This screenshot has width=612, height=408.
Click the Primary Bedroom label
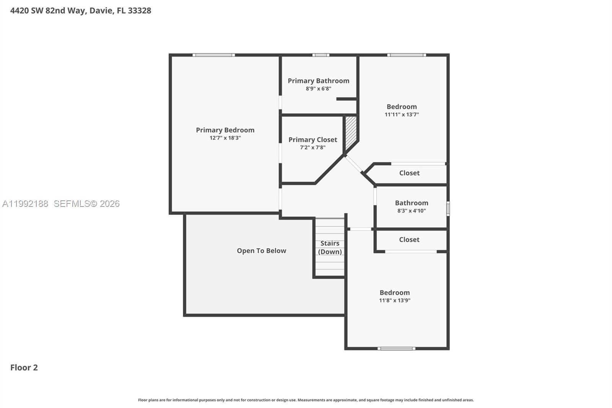pos(225,130)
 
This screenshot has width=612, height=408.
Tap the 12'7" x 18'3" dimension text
pos(225,138)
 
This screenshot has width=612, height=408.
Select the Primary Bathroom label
pos(318,81)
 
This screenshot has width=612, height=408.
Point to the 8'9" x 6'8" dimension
pos(318,88)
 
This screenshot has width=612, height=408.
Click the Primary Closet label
pos(313,140)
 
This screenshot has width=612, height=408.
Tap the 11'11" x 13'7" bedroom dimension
pos(402,115)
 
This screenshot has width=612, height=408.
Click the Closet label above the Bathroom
pos(409,173)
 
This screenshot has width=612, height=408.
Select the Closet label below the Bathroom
pos(409,240)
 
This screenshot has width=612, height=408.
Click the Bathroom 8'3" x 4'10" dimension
pos(411,211)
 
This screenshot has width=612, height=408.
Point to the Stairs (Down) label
pos(330,247)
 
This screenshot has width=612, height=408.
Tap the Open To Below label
pos(261,251)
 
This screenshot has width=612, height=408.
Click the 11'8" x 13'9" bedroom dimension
pos(394,300)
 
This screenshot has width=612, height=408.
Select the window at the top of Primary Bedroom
pos(213,55)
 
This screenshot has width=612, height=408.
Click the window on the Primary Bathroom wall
pos(321,55)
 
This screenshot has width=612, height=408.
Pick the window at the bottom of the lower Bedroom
pos(396,349)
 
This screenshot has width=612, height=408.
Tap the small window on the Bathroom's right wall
pos(448,209)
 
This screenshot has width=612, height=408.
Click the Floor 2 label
pos(24,368)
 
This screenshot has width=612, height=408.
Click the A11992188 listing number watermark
pos(25,204)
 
